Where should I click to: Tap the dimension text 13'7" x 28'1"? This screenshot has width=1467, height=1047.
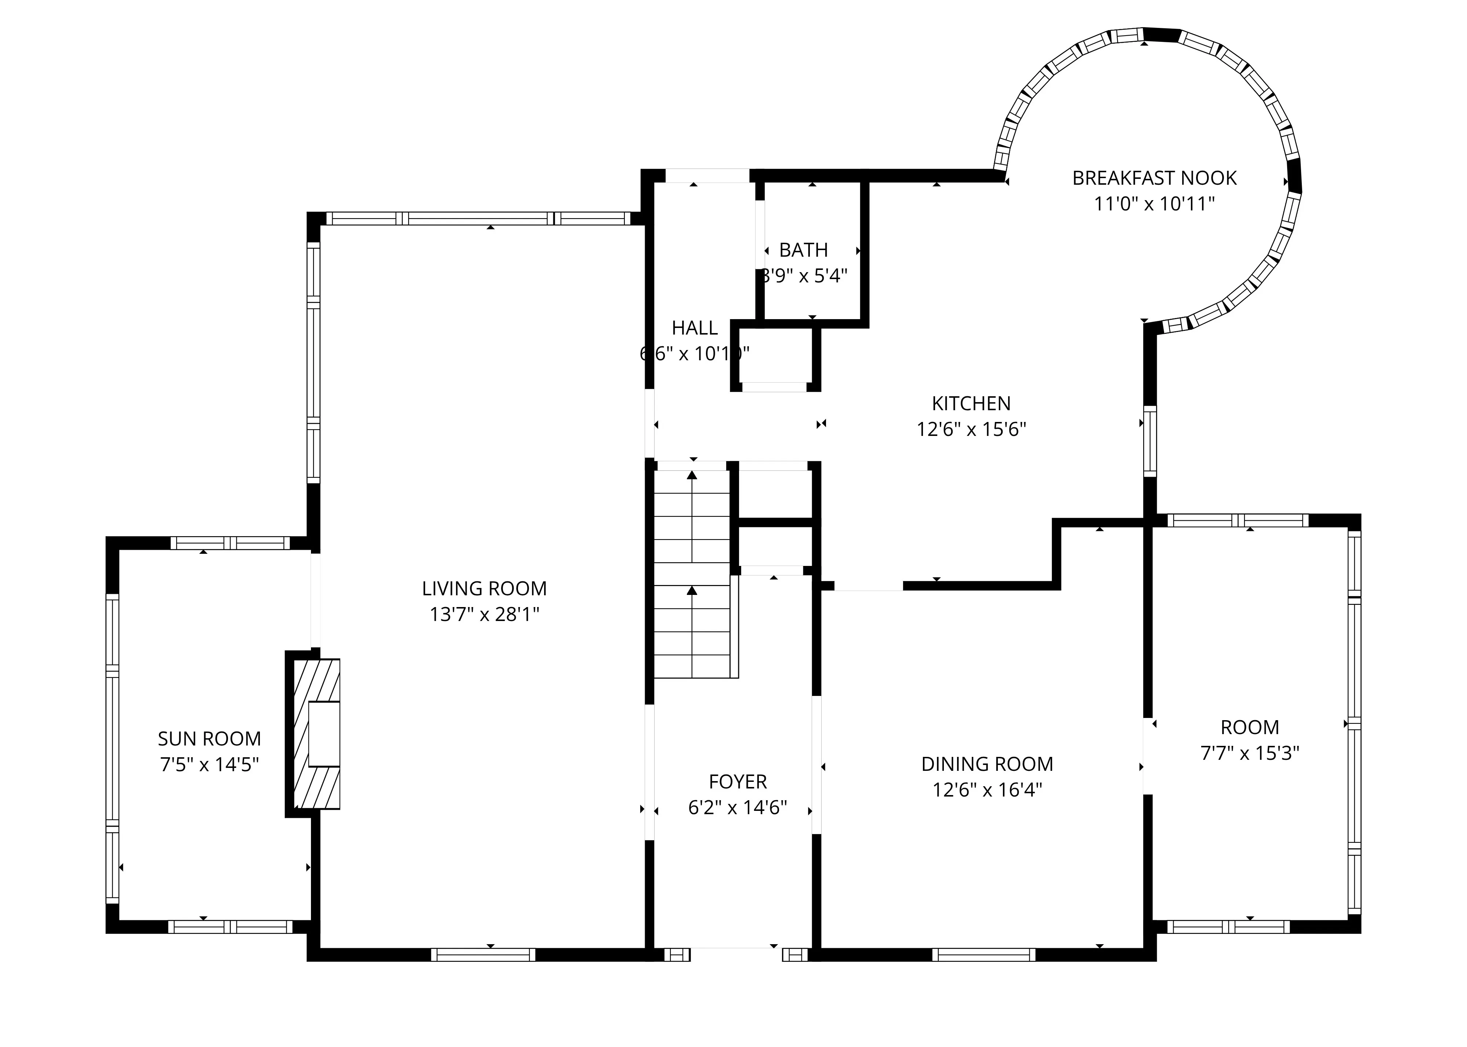(484, 614)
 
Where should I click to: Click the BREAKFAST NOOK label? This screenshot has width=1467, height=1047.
(1154, 178)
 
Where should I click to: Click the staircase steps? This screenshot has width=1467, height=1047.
(692, 574)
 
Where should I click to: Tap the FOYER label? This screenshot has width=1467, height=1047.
(738, 781)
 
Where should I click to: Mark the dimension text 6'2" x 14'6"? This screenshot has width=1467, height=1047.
(738, 808)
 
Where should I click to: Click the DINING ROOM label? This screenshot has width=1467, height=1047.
(987, 764)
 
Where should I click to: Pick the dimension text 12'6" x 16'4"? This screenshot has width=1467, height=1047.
(987, 790)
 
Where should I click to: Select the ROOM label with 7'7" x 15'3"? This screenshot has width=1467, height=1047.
(1249, 727)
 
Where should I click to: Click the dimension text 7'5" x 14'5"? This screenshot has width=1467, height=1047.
(210, 765)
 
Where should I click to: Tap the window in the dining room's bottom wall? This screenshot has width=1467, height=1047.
(984, 955)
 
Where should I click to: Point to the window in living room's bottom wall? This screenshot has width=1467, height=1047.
(483, 955)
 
